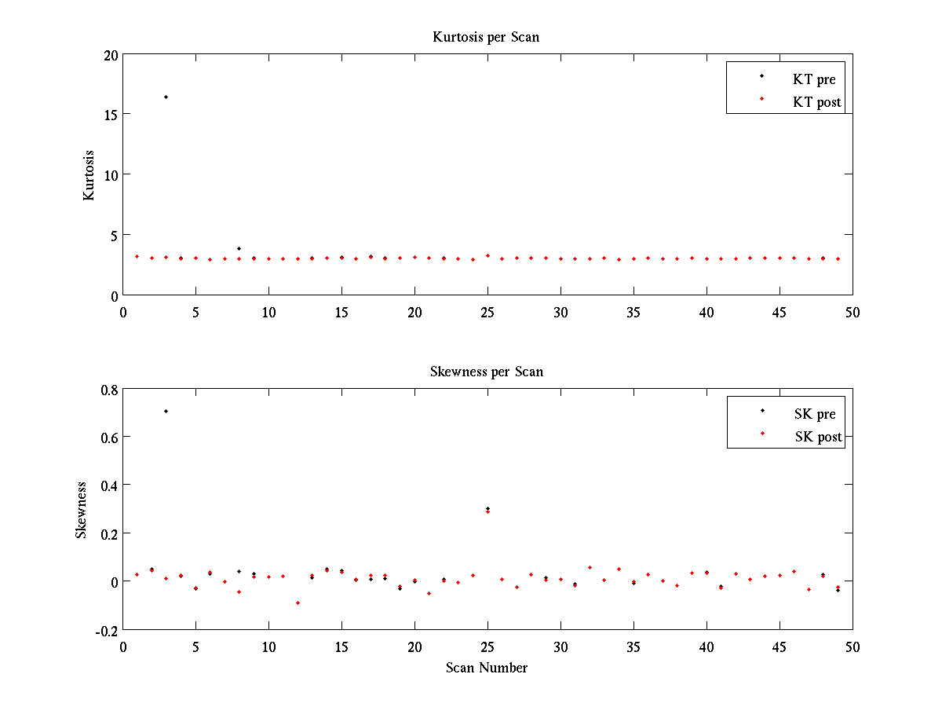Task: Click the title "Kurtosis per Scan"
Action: coord(486,37)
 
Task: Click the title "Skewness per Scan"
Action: coord(486,372)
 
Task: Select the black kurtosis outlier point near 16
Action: coord(166,97)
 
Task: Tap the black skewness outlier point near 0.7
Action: coord(166,411)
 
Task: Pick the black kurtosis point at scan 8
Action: coord(239,248)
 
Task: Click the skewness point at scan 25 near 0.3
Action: coord(487,510)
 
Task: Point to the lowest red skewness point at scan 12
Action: coord(298,603)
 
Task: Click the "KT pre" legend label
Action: coord(814,79)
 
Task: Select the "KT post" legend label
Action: coord(817,101)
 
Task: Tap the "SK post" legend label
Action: coord(818,437)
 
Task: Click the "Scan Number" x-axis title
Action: coord(487,668)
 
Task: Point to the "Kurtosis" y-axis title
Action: coord(89,175)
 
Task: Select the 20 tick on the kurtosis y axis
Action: coord(109,55)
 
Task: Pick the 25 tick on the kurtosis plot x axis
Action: coord(487,312)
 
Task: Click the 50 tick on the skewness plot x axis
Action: coord(853,646)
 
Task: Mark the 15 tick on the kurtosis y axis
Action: coord(109,115)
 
